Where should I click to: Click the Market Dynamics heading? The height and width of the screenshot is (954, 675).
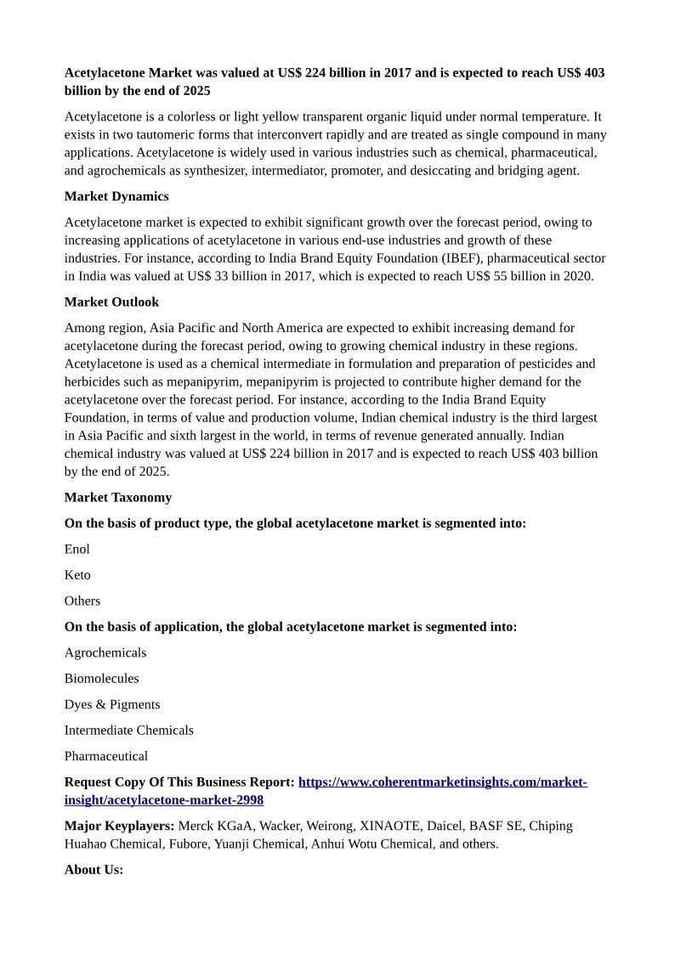tap(116, 196)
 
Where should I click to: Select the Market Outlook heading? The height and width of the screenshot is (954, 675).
tap(111, 302)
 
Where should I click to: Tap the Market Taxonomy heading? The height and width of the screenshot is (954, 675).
tap(118, 497)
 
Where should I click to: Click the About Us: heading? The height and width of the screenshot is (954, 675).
tap(94, 869)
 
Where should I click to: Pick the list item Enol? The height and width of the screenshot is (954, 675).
tap(77, 549)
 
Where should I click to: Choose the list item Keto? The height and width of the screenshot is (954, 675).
tap(77, 575)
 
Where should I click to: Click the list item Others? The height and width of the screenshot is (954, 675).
tap(82, 601)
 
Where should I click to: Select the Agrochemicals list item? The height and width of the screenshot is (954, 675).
tap(105, 652)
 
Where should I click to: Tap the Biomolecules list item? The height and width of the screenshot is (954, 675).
tap(101, 678)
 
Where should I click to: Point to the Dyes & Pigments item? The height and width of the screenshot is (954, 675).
tap(112, 704)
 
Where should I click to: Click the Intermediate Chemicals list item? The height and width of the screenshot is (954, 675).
tap(129, 730)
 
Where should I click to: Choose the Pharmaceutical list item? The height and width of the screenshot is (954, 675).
tap(106, 756)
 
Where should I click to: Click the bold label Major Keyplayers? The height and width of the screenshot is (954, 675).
tap(119, 826)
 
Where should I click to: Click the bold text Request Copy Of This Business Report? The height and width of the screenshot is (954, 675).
tap(179, 782)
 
